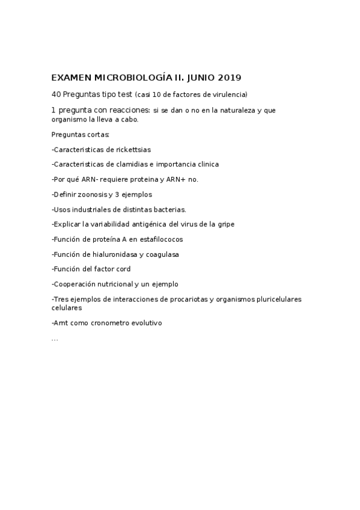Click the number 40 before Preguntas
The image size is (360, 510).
pyautogui.click(x=56, y=94)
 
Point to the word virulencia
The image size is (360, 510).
pyautogui.click(x=230, y=94)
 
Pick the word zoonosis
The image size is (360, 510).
pyautogui.click(x=93, y=194)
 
